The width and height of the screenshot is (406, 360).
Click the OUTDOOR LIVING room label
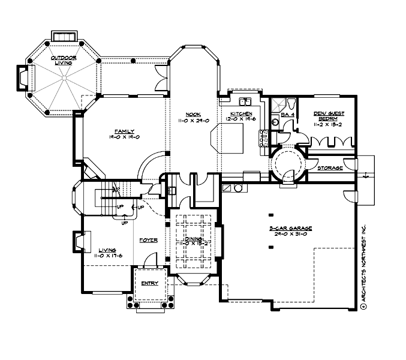63,60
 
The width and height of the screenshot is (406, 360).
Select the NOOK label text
193,114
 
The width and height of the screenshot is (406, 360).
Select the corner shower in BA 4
276,103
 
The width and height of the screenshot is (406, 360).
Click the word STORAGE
330,168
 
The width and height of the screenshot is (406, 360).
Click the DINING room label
193,239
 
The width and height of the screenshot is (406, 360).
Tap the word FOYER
148,240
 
